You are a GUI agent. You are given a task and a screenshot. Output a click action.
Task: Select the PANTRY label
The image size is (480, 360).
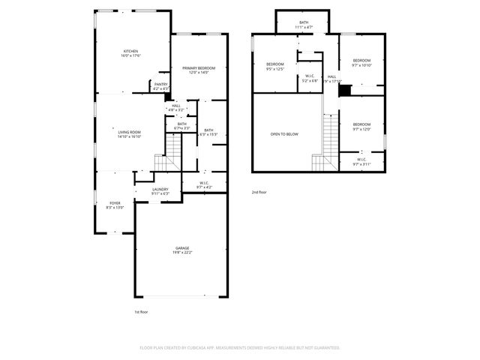point(160,84)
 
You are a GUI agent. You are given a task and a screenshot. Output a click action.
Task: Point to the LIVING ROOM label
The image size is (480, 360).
point(129,132)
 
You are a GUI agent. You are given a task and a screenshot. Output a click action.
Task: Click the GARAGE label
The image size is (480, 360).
point(182,247)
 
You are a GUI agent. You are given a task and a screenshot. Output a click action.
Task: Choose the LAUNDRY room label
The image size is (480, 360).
point(160,189)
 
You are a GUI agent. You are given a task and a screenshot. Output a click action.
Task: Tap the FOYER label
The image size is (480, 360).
point(115,202)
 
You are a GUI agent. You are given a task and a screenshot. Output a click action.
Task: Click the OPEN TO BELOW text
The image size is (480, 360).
point(284,134)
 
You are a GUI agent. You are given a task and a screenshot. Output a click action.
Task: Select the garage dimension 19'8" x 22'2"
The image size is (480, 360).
point(182,253)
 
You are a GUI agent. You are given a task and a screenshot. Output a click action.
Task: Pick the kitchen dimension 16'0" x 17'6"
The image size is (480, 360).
point(132,56)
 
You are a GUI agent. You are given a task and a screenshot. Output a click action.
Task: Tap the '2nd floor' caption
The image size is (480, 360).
point(259,193)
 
